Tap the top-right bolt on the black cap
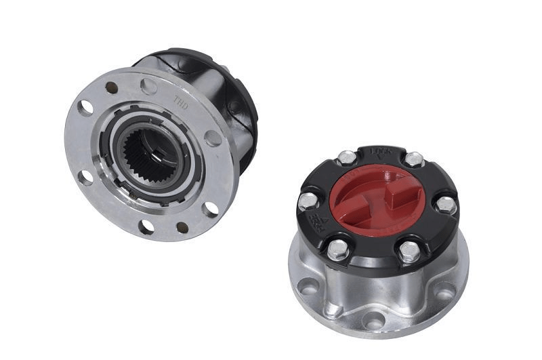(413, 159)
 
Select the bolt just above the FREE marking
(308, 201)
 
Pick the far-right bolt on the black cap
(444, 203)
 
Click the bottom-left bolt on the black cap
(337, 249)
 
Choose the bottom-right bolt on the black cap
(409, 251)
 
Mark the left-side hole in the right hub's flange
(307, 287)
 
